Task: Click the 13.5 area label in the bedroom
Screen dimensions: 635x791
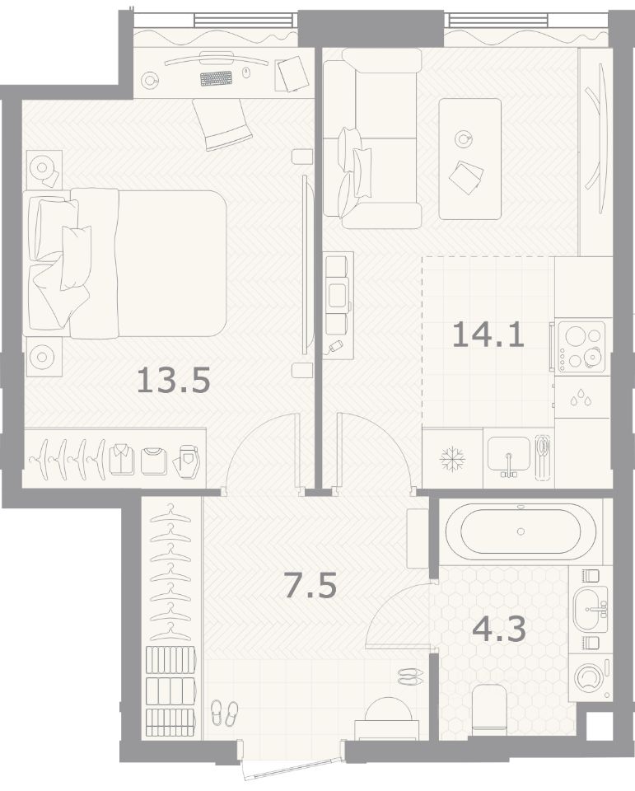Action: [173, 380]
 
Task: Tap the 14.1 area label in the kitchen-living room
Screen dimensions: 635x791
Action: [488, 335]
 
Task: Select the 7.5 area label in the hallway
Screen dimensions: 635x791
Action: [310, 585]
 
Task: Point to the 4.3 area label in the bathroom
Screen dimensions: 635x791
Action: [499, 629]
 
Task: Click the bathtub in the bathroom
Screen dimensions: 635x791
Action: [521, 531]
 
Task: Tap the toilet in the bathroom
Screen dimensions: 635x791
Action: [489, 707]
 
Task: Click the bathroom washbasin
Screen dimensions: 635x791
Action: [591, 609]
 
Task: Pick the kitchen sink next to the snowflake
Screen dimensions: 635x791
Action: [509, 456]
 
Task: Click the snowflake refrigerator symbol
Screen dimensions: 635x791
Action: [452, 459]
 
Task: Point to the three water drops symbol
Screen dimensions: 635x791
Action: [581, 397]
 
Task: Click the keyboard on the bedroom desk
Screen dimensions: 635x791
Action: [217, 79]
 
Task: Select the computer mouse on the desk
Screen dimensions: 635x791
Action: [246, 73]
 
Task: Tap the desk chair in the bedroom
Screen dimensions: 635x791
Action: [222, 124]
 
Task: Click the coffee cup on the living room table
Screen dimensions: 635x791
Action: [463, 138]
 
